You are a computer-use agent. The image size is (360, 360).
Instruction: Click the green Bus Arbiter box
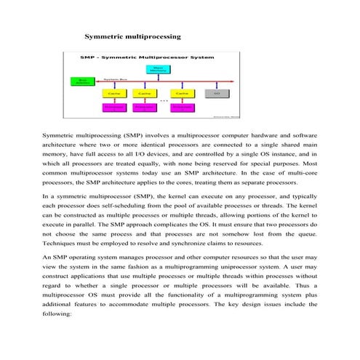77,81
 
